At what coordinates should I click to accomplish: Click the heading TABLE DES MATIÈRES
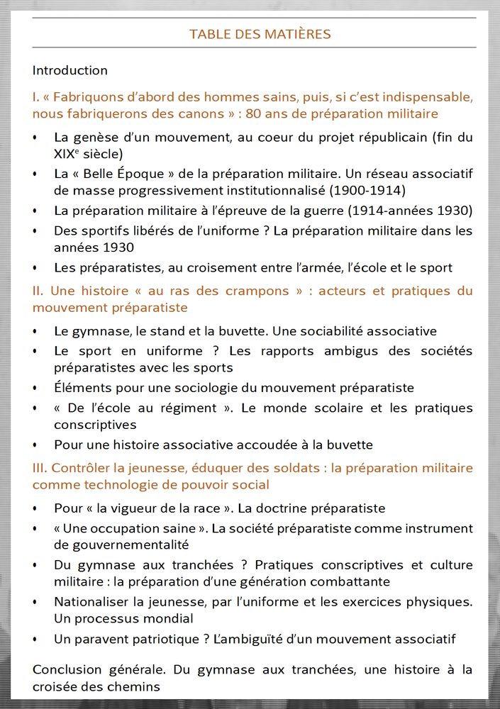260,34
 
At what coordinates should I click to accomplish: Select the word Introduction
70,70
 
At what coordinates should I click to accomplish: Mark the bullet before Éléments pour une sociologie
35,389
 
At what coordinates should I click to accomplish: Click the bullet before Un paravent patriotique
35,640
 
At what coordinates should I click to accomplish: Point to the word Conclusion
64,670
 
